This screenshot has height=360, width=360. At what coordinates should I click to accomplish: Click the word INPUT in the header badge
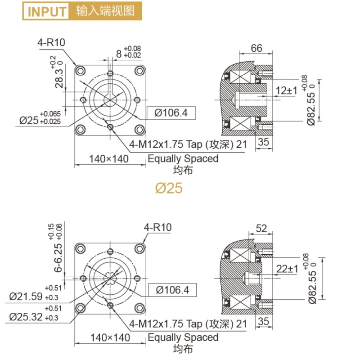(x=46, y=11)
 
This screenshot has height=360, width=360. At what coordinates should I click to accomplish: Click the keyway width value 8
(x=119, y=54)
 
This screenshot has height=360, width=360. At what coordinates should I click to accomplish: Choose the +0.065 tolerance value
(x=50, y=113)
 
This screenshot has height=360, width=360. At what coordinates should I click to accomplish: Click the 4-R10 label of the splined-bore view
(x=158, y=228)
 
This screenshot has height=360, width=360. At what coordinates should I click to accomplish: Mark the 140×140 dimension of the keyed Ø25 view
(x=109, y=158)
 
